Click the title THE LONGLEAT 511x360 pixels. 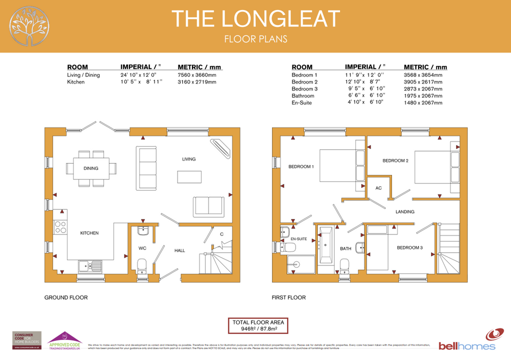255,18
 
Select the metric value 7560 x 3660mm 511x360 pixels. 196,75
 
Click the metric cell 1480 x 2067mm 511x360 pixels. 422,102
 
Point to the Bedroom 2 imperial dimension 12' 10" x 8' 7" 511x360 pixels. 363,82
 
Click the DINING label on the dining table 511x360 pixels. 91,168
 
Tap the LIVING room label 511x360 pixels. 188,159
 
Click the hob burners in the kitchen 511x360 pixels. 60,227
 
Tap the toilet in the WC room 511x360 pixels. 141,263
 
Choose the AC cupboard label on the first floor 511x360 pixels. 378,188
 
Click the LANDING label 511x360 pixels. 404,211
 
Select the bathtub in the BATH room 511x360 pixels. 325,244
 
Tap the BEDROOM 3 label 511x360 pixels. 409,247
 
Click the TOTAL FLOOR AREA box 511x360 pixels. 258,326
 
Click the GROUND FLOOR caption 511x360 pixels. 66,297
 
